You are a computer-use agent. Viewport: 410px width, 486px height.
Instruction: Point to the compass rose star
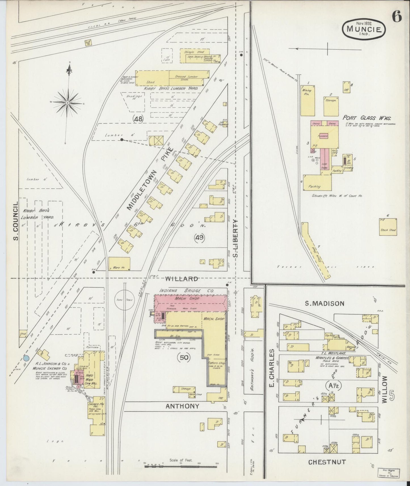click(68, 102)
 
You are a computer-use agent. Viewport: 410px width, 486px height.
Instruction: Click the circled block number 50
click(184, 357)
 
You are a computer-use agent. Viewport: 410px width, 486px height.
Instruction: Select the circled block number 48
click(139, 119)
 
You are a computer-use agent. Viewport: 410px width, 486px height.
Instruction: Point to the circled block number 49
click(199, 238)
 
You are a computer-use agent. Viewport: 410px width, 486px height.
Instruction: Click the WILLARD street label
click(181, 279)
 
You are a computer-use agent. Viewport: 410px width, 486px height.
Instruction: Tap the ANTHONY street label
click(182, 406)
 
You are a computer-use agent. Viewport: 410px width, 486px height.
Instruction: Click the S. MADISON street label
click(324, 303)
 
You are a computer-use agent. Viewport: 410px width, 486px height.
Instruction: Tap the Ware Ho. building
click(119, 263)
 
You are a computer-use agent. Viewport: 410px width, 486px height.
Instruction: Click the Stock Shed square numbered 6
click(388, 227)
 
